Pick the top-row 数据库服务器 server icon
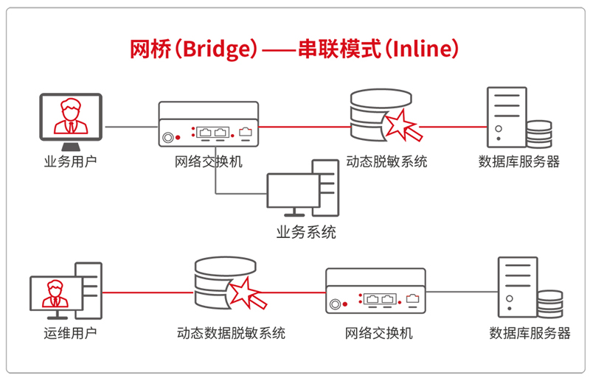tap(516, 118)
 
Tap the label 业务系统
tap(306, 233)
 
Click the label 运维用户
tap(69, 333)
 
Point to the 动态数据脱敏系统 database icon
tap(226, 287)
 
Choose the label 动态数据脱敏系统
tap(231, 333)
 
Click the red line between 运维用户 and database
tap(147, 293)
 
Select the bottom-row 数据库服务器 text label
tap(530, 333)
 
